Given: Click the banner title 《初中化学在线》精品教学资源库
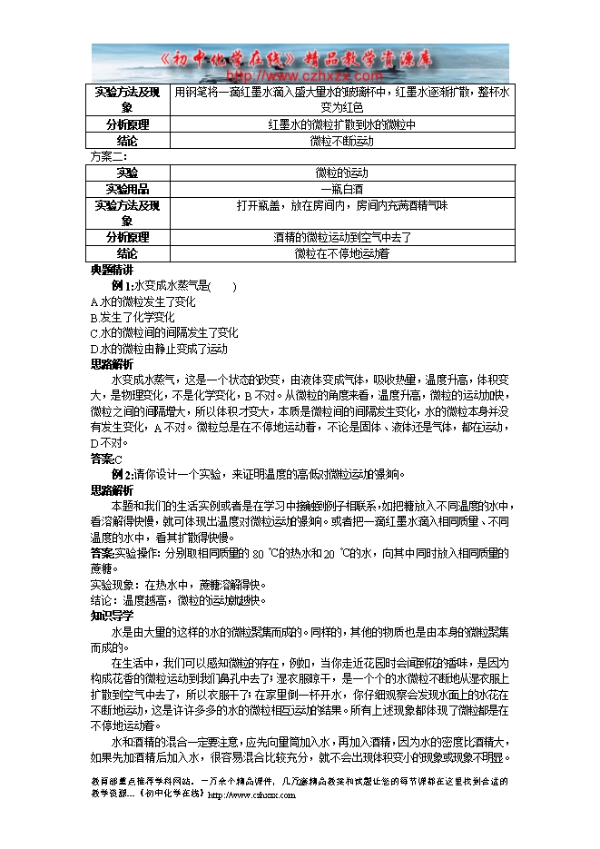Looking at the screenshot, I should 300,59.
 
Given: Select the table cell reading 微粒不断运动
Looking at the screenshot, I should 341,141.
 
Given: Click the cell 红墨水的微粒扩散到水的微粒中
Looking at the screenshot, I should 341,124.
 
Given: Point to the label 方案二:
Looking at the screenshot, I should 108,156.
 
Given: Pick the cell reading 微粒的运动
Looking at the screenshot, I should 341,173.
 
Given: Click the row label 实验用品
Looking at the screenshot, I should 128,189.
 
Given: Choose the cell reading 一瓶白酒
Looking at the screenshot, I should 341,189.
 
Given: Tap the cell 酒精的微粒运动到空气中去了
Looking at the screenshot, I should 341,237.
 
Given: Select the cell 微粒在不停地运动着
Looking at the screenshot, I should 341,254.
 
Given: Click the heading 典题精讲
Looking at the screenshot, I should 112,271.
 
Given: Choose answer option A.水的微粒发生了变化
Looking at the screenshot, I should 143,301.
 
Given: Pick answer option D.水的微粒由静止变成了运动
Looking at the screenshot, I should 159,349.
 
